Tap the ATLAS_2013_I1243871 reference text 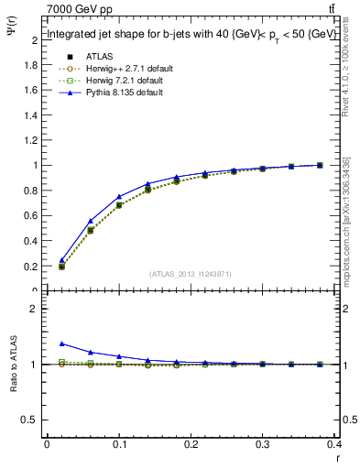190,274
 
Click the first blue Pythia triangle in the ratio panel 61,344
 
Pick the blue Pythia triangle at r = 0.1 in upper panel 119,197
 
